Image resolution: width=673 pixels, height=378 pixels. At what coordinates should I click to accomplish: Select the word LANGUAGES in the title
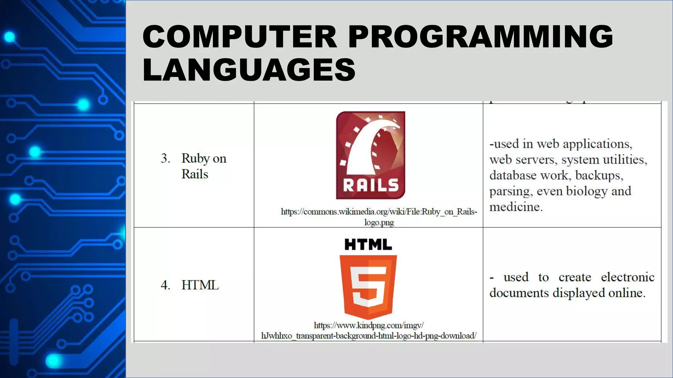pos(249,70)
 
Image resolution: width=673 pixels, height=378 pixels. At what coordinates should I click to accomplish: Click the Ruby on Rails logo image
pos(370,155)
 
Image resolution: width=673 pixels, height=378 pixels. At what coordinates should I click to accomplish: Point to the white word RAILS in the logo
pos(370,186)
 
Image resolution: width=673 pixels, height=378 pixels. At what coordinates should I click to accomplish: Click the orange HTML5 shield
pos(368,286)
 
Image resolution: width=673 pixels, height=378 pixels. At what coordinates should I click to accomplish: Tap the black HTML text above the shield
pos(368,244)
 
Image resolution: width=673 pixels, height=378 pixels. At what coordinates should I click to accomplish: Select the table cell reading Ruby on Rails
pos(204,166)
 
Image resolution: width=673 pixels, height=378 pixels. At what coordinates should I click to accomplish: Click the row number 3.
pos(165,158)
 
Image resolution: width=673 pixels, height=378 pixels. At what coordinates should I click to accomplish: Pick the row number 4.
pos(165,285)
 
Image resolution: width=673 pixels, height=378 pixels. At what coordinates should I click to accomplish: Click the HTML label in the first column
pos(200,285)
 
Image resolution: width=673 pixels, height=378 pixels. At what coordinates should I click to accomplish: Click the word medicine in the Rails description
pos(515,207)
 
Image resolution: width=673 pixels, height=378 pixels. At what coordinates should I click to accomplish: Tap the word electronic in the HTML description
pos(628,277)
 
